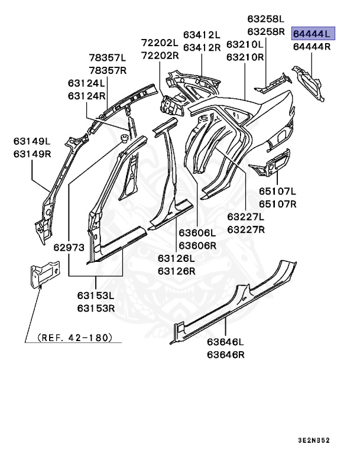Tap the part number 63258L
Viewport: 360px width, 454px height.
pyautogui.click(x=266, y=20)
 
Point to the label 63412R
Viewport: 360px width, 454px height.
pyautogui.click(x=202, y=47)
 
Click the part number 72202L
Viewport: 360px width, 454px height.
pyautogui.click(x=160, y=43)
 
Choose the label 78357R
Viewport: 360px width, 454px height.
pyautogui.click(x=108, y=70)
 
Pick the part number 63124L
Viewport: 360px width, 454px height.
pyautogui.click(x=86, y=83)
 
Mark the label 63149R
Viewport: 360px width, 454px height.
pyautogui.click(x=33, y=154)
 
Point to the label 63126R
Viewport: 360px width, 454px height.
pyautogui.click(x=176, y=271)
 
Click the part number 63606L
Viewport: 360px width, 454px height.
pyautogui.click(x=198, y=233)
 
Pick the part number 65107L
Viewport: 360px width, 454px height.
pyautogui.click(x=277, y=192)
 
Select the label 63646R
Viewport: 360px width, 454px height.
pyautogui.click(x=226, y=355)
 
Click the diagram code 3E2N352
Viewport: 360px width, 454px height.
pyautogui.click(x=330, y=440)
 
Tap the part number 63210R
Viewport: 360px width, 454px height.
pyautogui.click(x=245, y=57)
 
